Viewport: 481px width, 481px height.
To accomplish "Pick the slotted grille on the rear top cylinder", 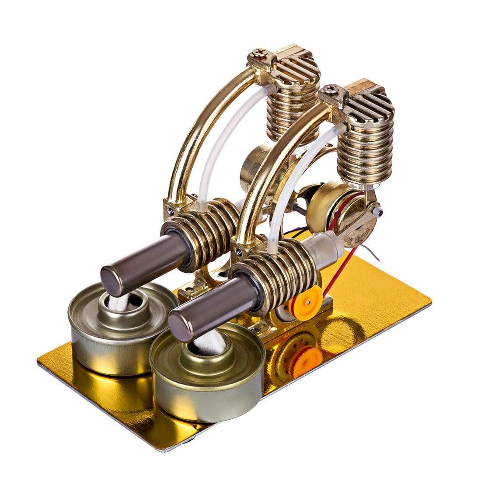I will [296, 69].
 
